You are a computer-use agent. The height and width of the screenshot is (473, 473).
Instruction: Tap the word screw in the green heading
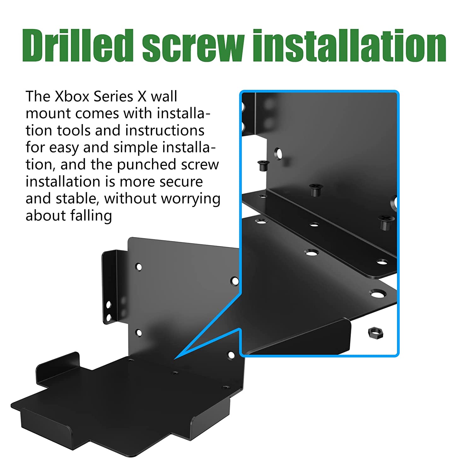tap(193, 46)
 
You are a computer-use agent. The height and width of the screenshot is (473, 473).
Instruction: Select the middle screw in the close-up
tap(315, 190)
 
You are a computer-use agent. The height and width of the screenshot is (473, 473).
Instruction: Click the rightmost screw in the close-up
tap(385, 222)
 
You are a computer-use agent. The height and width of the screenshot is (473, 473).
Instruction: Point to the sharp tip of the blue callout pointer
tap(175, 359)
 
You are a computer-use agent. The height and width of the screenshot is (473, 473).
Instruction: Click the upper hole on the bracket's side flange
tap(108, 305)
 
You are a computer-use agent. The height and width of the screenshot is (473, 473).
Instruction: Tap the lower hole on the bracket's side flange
tap(108, 317)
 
